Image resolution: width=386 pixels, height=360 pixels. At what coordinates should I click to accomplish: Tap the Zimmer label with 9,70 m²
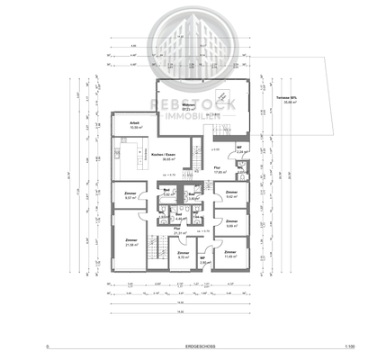coord(184,255)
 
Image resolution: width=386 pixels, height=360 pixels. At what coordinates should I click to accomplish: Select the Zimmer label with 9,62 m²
coord(231,194)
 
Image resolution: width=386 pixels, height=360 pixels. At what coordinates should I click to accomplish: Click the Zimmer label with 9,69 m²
coord(231,223)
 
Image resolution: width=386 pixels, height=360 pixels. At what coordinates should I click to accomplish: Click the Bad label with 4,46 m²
coord(179,216)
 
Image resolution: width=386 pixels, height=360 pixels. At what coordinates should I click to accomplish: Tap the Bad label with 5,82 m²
coord(166,193)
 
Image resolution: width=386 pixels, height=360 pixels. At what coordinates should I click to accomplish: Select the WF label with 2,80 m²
coord(203,261)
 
